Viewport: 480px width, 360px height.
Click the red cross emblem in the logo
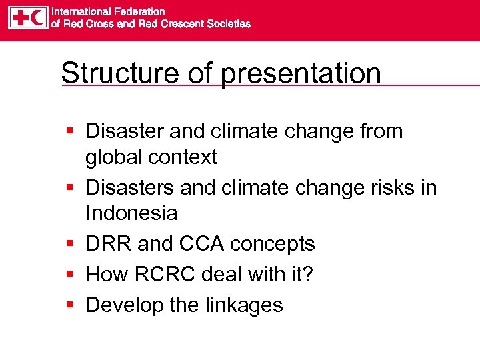click(x=19, y=18)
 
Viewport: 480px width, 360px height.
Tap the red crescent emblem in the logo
click(x=39, y=18)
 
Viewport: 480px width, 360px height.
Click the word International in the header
click(x=79, y=12)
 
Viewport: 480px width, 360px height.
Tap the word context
click(x=184, y=157)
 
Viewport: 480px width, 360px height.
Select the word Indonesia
click(x=131, y=213)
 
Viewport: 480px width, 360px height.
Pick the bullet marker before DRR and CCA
click(x=70, y=245)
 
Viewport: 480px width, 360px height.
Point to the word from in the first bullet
click(x=381, y=131)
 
